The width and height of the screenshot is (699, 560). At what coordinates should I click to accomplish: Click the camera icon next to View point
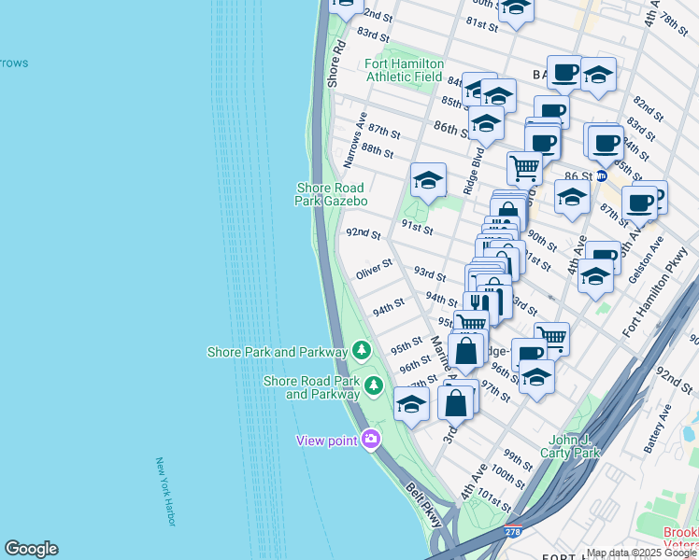click(x=371, y=440)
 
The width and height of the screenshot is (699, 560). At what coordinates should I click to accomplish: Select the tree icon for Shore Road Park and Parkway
click(x=374, y=385)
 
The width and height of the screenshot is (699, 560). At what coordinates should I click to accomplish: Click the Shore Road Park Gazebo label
click(x=332, y=194)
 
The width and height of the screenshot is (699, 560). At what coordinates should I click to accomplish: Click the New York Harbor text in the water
click(x=166, y=492)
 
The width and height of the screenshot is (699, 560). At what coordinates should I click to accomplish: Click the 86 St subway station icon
click(x=602, y=175)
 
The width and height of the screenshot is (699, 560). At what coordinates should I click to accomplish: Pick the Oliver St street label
click(x=373, y=271)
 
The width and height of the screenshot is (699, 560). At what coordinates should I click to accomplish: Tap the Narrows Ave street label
click(x=354, y=140)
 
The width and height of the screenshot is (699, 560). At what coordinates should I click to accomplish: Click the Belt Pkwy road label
click(x=424, y=505)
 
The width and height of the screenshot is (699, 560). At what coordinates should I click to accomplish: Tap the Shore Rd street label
click(x=336, y=63)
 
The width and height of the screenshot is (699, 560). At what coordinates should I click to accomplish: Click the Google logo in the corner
click(x=31, y=549)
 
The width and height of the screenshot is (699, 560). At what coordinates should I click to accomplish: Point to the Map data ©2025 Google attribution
click(x=641, y=553)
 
